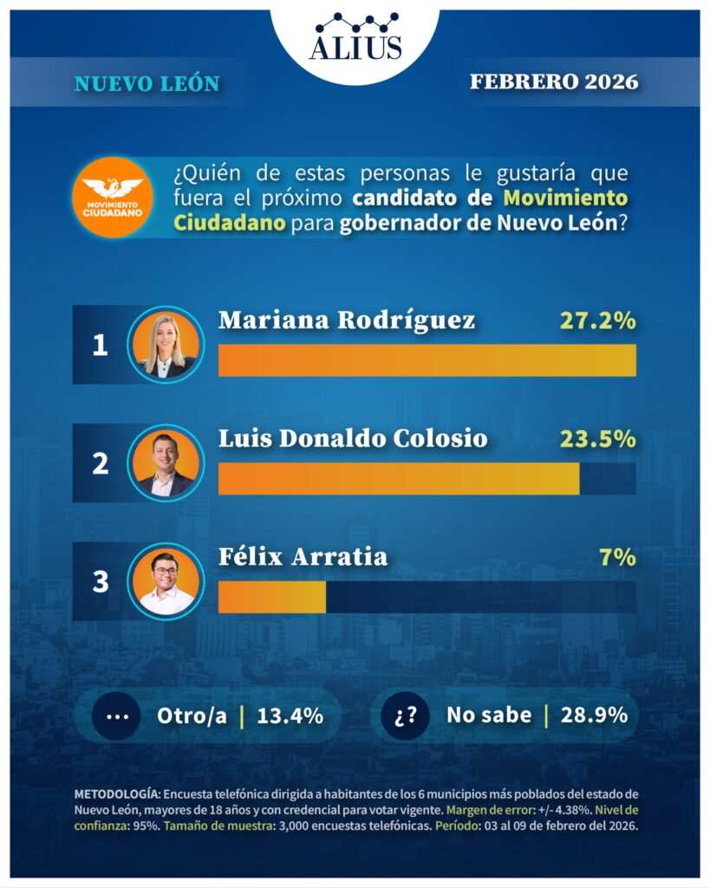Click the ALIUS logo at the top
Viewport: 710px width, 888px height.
tap(355, 38)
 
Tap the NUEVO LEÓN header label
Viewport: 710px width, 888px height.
tap(147, 83)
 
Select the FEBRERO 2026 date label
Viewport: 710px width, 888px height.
tap(554, 82)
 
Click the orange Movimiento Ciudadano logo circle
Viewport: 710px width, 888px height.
tap(113, 197)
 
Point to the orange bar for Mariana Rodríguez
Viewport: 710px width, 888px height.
tap(427, 360)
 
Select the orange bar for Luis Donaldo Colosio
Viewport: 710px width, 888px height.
tap(399, 479)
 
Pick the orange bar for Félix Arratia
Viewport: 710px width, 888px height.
tap(272, 597)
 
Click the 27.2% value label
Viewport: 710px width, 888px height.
tap(596, 320)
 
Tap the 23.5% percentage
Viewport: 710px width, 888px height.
tap(596, 439)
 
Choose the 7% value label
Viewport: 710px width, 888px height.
tap(617, 557)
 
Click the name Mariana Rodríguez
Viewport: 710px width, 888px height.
tap(347, 320)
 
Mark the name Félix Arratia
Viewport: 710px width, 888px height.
tap(303, 557)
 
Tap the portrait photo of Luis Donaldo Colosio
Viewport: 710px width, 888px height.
tap(166, 463)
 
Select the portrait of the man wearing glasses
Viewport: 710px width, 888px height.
tap(166, 581)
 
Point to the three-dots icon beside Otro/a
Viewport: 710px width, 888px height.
tap(116, 716)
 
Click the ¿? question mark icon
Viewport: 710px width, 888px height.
tap(405, 716)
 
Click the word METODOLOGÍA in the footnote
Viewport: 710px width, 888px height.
tap(116, 794)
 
